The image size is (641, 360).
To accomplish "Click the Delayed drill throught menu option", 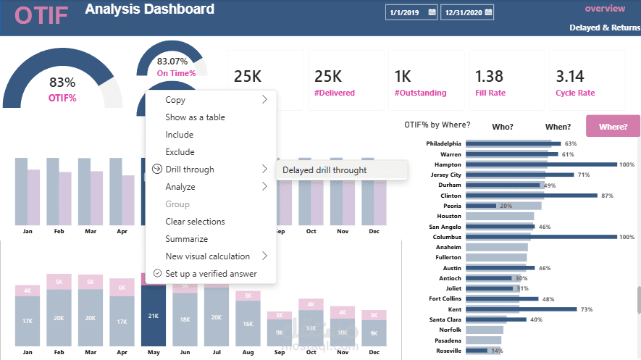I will tap(324, 170).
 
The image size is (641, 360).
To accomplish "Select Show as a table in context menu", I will tap(195, 117).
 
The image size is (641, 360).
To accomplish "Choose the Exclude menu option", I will tap(180, 152).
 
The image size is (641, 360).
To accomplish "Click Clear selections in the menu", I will tap(195, 222).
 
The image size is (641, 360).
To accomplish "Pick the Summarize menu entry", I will tap(186, 239).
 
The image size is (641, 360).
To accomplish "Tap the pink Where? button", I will tap(613, 126).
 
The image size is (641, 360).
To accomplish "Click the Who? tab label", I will tap(502, 127).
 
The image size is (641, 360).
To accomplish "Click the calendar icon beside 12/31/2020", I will tap(487, 12).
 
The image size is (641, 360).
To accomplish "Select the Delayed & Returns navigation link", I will tap(605, 28).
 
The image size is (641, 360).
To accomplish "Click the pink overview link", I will tap(605, 9).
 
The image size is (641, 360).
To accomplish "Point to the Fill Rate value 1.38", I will tap(489, 76).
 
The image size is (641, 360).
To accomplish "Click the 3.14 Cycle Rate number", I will tap(570, 76).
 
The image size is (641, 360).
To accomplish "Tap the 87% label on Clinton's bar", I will tap(607, 196).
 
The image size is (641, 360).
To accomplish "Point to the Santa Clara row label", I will tap(445, 319).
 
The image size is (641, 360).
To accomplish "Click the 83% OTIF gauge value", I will tap(62, 83).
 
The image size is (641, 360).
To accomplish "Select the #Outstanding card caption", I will tap(420, 93).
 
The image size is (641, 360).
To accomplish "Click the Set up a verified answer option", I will tap(211, 274).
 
